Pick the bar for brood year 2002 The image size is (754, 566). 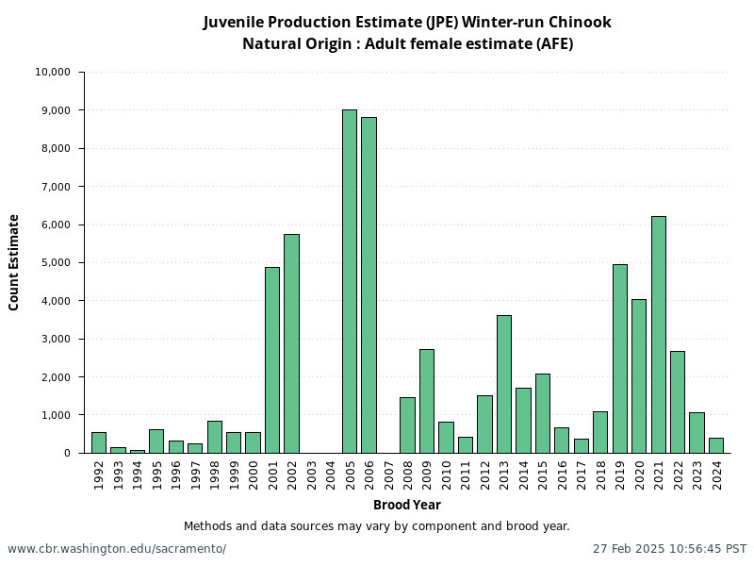coord(291,343)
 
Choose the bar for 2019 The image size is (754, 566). coord(620,358)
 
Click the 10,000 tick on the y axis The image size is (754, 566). coord(53,73)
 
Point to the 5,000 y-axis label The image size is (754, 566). coord(57,263)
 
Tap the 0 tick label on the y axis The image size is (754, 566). coord(67,453)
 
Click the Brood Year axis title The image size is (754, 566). coord(407,506)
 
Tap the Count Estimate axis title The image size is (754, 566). coord(14,262)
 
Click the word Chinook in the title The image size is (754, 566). coord(579,22)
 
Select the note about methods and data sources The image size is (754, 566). coord(377,526)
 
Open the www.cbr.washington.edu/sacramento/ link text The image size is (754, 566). coord(117,549)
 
